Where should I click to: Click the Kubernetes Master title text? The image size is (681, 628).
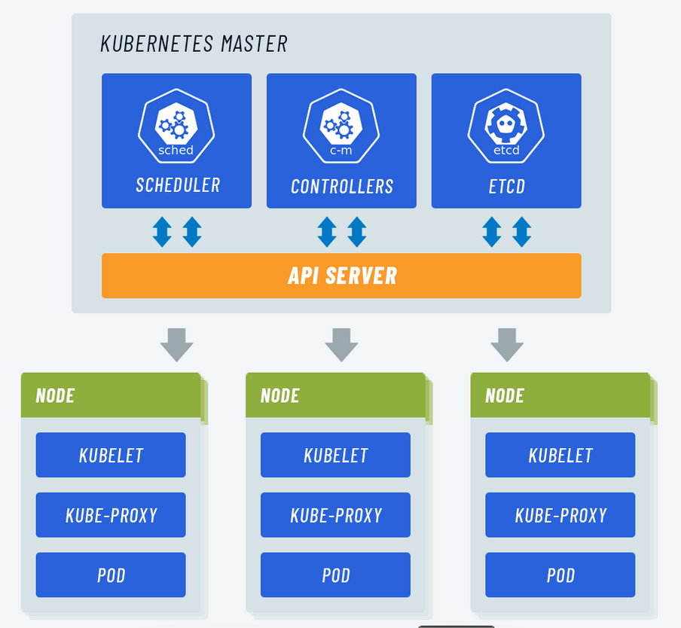[194, 44]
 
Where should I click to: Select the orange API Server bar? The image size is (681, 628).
[341, 276]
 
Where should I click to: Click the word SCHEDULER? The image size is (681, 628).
[178, 185]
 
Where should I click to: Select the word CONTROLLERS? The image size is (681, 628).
[342, 186]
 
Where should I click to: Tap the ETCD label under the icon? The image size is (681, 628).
[506, 186]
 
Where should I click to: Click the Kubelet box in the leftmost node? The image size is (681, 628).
[111, 455]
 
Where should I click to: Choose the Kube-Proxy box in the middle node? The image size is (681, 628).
[336, 515]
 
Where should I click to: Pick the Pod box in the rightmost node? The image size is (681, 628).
[560, 575]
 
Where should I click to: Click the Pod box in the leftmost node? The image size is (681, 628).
[111, 575]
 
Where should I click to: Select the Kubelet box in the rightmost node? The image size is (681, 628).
[560, 455]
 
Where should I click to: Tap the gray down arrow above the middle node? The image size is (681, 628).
[342, 344]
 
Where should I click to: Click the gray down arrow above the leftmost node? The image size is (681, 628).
[177, 344]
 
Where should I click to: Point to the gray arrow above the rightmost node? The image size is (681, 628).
[507, 344]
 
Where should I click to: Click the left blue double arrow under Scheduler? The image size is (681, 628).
[162, 232]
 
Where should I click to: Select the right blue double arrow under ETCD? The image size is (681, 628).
[522, 232]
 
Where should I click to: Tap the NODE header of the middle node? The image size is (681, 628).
[280, 395]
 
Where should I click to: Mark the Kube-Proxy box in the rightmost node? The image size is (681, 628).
[560, 515]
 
